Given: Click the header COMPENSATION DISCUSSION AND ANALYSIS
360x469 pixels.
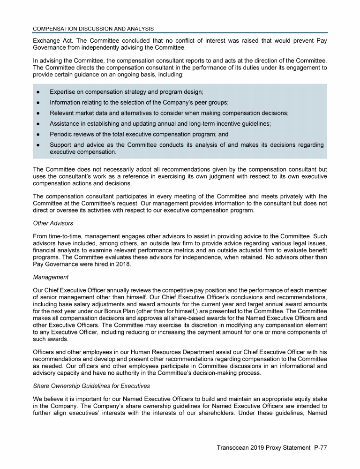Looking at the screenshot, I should [x=93, y=29].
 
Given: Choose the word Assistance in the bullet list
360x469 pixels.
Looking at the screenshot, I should [x=67, y=124].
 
